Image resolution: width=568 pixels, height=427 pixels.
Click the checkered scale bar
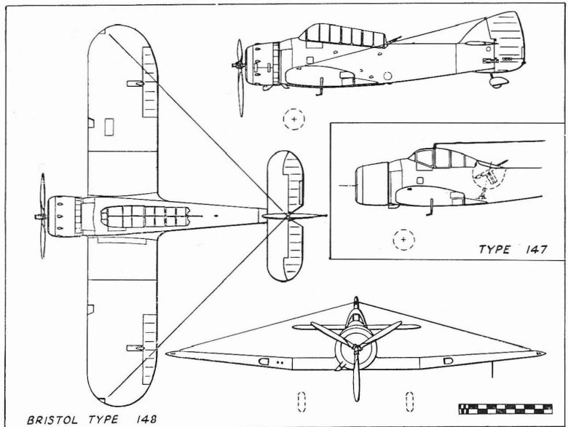tap(505, 409)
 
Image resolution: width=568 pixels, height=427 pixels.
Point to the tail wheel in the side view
tap(498, 81)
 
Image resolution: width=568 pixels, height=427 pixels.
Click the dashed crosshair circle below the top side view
tap(294, 118)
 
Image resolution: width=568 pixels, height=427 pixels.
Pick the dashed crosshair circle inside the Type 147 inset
tap(404, 238)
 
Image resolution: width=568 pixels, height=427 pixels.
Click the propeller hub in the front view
tap(355, 349)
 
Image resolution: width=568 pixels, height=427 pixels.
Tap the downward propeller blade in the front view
tap(356, 379)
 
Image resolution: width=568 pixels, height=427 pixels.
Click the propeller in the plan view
tap(42, 216)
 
